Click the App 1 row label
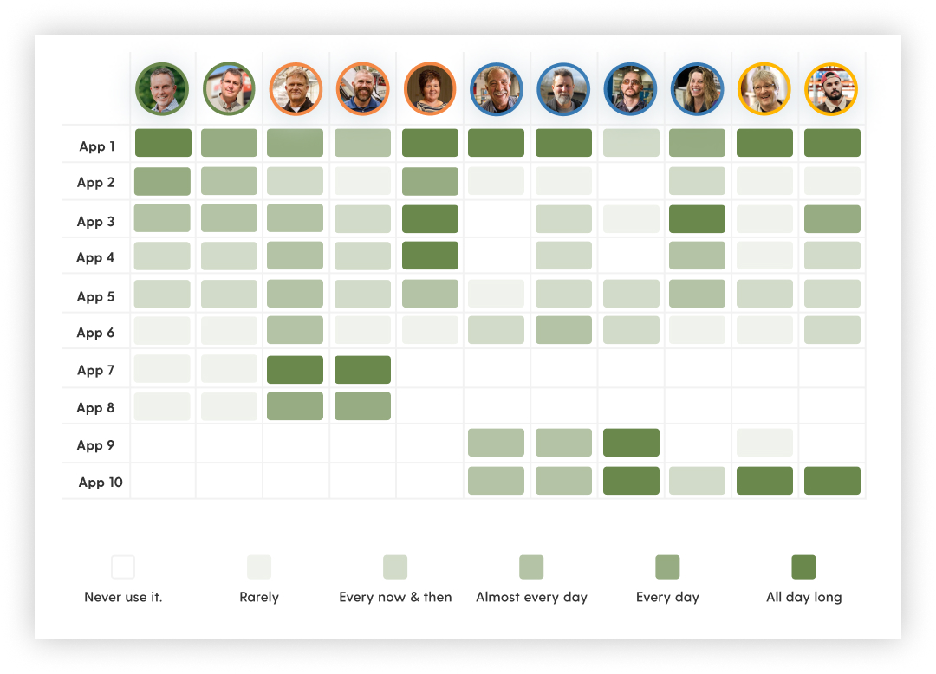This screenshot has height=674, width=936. click(x=97, y=146)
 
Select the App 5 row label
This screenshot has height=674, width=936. click(x=95, y=296)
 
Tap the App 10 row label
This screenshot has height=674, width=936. click(x=101, y=483)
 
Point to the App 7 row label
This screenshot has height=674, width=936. click(x=95, y=371)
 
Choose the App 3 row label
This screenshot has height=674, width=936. click(x=95, y=222)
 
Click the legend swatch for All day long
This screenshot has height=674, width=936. click(x=803, y=567)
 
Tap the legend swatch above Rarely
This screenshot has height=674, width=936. click(x=259, y=567)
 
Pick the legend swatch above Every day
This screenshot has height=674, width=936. click(x=667, y=567)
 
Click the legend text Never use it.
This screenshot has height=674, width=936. click(x=123, y=597)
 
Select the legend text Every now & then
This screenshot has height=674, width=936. click(x=395, y=597)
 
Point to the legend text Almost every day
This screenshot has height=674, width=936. click(x=531, y=597)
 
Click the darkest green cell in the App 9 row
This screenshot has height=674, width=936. click(x=631, y=443)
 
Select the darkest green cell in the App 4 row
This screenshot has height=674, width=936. click(x=430, y=256)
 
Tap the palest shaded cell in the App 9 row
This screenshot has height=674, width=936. click(x=764, y=443)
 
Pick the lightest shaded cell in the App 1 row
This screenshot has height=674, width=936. click(x=631, y=143)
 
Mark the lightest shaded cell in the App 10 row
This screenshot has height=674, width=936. click(x=698, y=481)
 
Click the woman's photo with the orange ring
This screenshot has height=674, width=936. click(x=430, y=88)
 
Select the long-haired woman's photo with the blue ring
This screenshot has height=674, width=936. click(x=698, y=88)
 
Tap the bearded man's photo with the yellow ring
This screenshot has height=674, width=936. click(x=832, y=88)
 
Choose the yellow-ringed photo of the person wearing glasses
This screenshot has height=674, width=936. click(x=764, y=88)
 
